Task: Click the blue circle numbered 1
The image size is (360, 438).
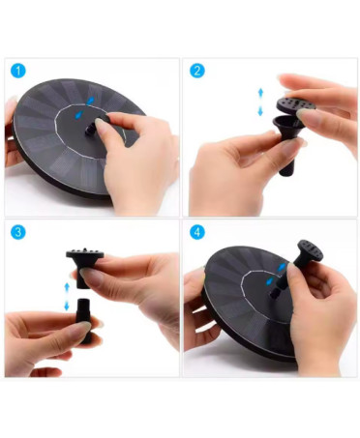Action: tap(18, 71)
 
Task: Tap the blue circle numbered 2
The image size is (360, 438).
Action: tap(196, 71)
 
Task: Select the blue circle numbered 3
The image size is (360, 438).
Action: tap(18, 232)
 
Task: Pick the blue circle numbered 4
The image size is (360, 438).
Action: tap(196, 232)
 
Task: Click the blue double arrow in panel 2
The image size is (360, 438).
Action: tap(260, 102)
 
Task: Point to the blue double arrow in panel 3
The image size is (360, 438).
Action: tap(67, 297)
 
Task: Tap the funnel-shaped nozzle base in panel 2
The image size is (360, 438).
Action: tap(288, 127)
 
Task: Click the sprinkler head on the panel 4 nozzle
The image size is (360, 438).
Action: tap(310, 250)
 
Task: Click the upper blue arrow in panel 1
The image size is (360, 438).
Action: tap(91, 101)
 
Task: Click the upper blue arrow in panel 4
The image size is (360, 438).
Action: tap(282, 268)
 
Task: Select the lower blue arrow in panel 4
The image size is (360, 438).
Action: tap(269, 281)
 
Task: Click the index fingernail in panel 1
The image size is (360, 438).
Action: tap(100, 124)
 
